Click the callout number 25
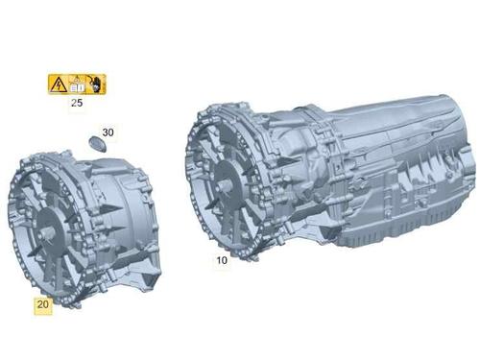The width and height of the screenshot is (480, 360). pos(77,103)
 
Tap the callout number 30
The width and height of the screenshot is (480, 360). pos(108,132)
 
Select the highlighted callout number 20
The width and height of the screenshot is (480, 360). pos(43,304)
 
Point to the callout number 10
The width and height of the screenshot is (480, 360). pos(222,260)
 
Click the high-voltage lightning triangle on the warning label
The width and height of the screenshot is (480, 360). pos(59,84)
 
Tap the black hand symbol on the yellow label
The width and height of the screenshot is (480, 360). pos(95,84)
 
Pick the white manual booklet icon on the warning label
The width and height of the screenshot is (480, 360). pos(77,86)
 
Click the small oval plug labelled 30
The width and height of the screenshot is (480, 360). pos(97,143)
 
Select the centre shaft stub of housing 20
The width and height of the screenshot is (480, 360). pos(46,232)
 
